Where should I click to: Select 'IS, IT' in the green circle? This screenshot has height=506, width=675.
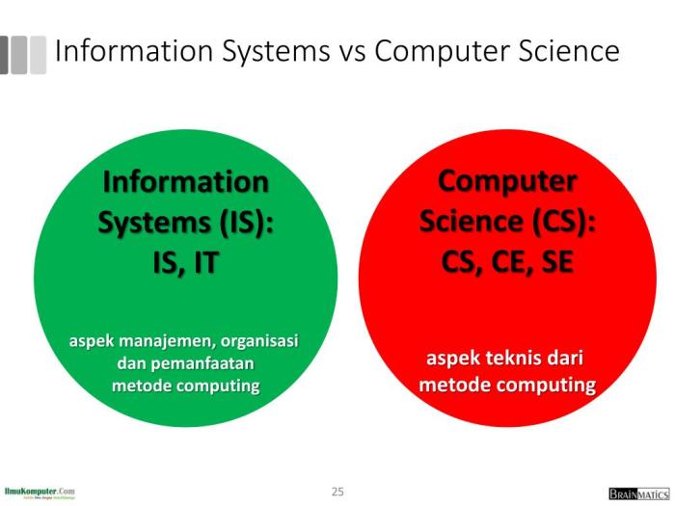pyautogui.click(x=185, y=263)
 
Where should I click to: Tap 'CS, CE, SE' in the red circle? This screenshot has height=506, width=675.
pyautogui.click(x=507, y=261)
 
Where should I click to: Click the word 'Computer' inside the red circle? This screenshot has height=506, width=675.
pyautogui.click(x=507, y=180)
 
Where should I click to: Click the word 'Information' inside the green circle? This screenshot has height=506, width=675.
pyautogui.click(x=185, y=181)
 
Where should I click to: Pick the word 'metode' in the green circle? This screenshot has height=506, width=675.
pyautogui.click(x=140, y=386)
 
